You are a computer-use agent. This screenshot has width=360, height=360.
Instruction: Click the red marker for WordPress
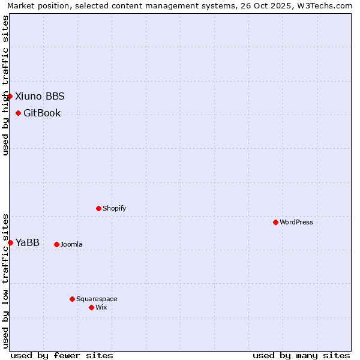click(275, 222)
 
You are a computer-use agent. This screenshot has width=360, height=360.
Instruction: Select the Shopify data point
click(98, 208)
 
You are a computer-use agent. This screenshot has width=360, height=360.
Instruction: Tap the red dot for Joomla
click(56, 244)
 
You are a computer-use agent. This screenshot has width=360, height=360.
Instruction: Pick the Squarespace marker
click(72, 299)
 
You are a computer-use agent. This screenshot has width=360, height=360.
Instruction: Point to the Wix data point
click(91, 307)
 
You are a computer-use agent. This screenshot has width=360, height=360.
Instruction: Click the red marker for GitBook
click(18, 113)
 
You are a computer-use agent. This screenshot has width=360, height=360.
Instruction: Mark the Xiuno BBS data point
click(10, 96)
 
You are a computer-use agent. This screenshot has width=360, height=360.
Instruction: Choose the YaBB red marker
click(10, 242)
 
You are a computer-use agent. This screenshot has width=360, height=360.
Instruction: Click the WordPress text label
click(296, 222)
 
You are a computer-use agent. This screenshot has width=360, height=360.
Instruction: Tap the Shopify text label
click(114, 208)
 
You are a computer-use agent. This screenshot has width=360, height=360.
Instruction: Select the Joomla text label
click(71, 244)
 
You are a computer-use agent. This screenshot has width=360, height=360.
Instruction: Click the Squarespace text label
click(97, 299)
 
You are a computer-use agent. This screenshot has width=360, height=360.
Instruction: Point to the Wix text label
click(101, 307)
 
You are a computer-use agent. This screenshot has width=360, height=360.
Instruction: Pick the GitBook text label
click(42, 113)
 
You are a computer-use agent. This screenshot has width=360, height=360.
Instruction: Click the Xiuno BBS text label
click(40, 96)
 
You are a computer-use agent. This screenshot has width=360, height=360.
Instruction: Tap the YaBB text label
click(28, 242)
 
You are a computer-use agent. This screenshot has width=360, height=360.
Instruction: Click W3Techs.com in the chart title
click(327, 6)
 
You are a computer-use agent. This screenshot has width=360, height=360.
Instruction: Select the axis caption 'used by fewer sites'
click(62, 355)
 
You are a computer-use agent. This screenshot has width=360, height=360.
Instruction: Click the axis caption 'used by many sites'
click(301, 355)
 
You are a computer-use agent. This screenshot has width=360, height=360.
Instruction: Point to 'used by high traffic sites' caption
click(5, 85)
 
